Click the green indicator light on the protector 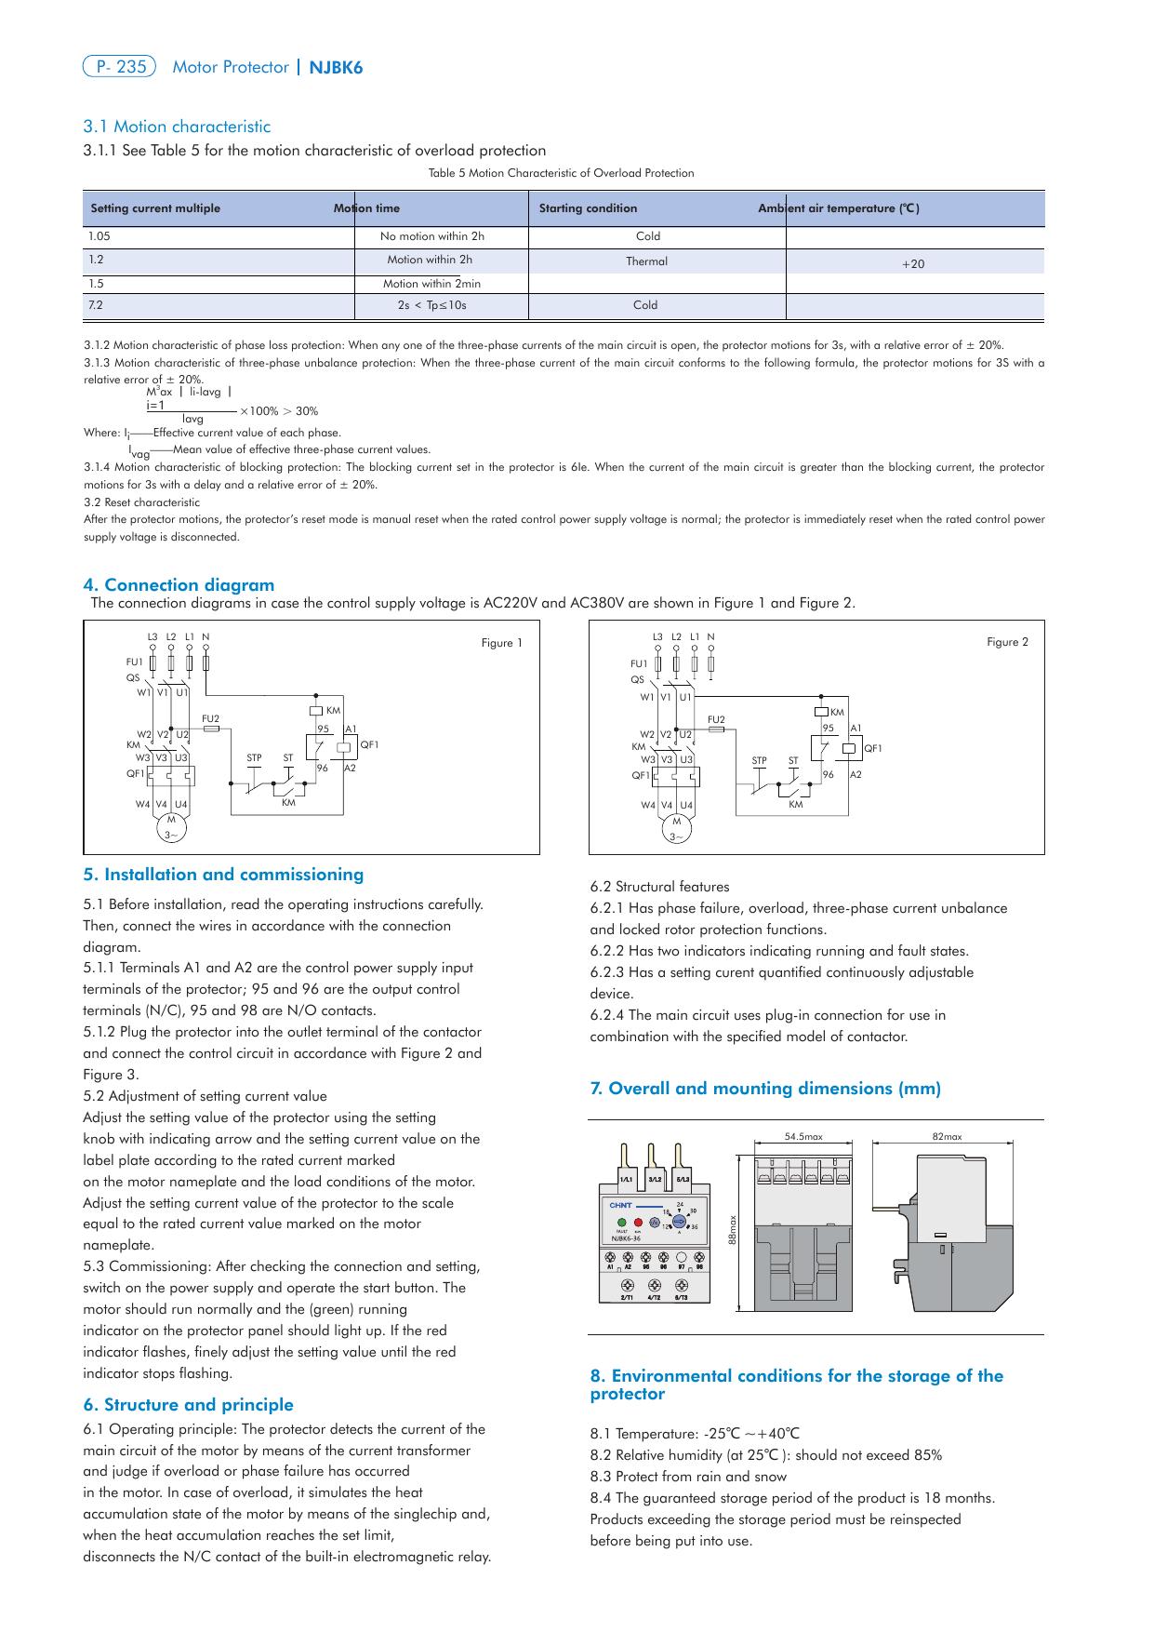pos(620,1221)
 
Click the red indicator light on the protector pos(638,1221)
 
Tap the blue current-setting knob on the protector pos(680,1221)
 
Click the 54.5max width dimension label pos(803,1136)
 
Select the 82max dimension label pos(947,1136)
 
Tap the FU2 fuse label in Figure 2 pos(716,719)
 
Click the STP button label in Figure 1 pos(254,758)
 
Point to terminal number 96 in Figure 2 pos(828,774)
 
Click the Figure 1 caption pos(501,643)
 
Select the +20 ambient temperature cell pos(913,264)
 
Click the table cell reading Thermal pos(646,261)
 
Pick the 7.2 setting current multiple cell pos(95,305)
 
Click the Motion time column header pos(367,208)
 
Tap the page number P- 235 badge pos(119,67)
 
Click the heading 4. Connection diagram pos(179,585)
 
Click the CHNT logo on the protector pos(620,1205)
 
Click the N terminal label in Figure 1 pos(206,637)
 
